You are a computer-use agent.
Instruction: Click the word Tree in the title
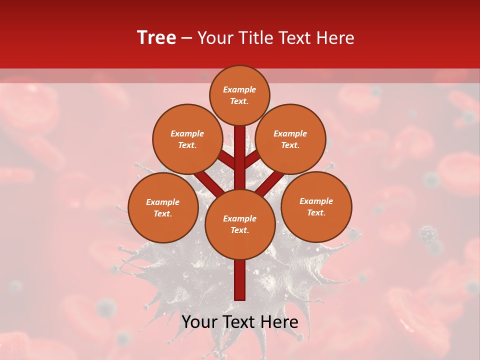coord(156,38)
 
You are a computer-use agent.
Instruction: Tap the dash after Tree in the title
coord(186,38)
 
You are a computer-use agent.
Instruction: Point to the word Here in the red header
coord(335,38)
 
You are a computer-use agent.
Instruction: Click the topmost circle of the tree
coord(239,95)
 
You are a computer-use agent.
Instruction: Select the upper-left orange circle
coord(187,139)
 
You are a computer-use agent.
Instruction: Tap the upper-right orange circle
coord(290,139)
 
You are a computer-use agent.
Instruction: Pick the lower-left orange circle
coord(163,207)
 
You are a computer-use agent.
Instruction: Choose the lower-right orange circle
coord(316,206)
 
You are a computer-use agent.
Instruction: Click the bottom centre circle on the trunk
coord(240,224)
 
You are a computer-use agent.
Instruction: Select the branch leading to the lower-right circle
coord(273,182)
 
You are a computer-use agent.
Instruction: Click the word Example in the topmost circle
coord(239,90)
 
